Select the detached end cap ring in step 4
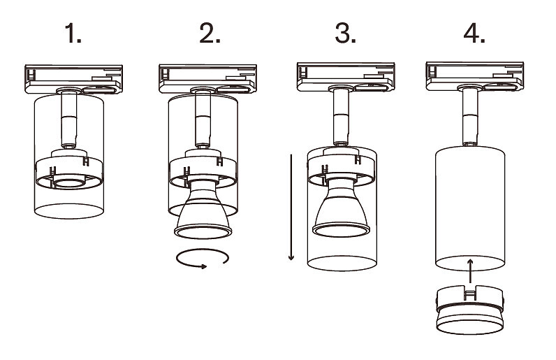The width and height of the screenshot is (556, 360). tap(470, 312)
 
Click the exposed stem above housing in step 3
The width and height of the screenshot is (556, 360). tap(340, 117)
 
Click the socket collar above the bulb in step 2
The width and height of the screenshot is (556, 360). tap(203, 168)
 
